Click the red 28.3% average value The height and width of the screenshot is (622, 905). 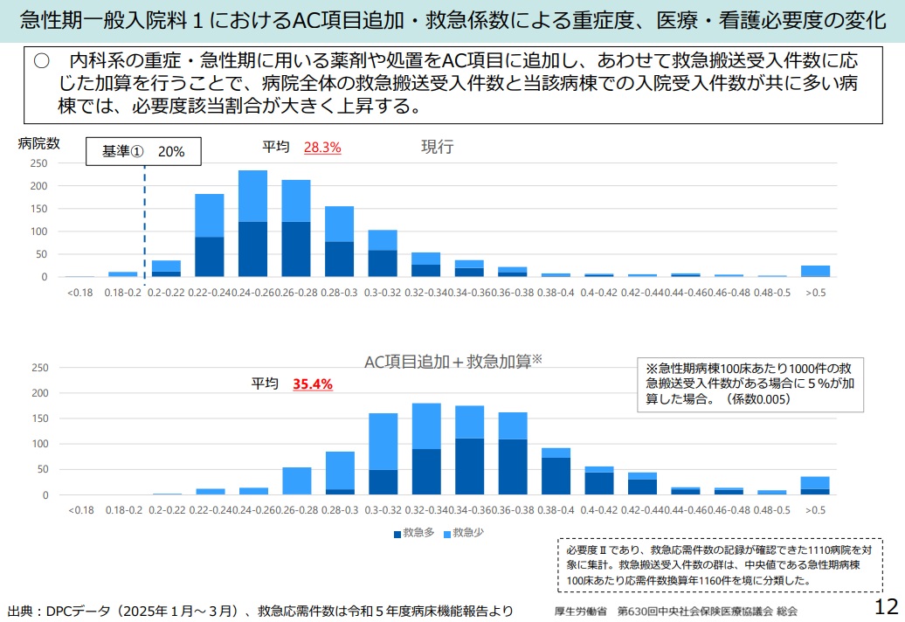point(322,148)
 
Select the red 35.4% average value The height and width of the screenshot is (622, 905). point(312,384)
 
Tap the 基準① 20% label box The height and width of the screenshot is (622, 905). point(143,151)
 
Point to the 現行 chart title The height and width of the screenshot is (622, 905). point(438,147)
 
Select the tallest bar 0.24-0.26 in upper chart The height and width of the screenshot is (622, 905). point(252,224)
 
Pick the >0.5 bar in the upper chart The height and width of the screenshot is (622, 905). point(816,271)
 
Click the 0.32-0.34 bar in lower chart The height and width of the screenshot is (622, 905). point(426,450)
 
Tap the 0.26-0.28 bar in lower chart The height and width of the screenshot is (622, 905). point(296,481)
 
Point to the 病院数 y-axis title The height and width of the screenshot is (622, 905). point(39,143)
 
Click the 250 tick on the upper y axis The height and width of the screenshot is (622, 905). point(38,163)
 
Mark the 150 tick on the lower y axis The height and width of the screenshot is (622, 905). point(38,418)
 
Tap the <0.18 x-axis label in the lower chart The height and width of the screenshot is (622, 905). point(80,509)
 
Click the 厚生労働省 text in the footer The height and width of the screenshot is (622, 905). point(580,610)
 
